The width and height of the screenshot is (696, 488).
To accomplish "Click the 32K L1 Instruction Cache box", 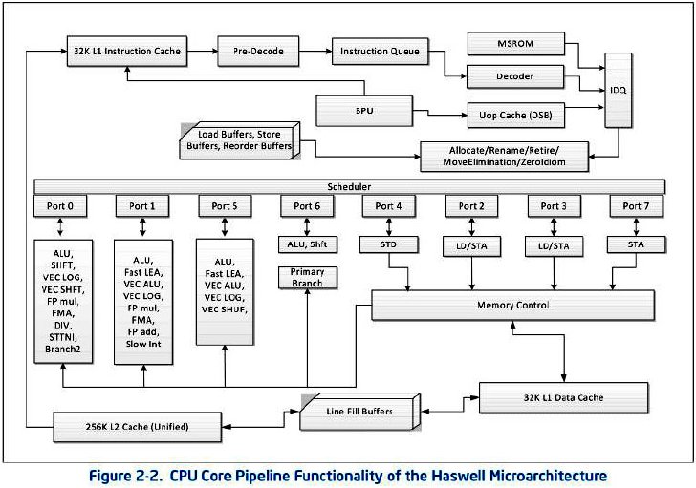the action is (x=127, y=52).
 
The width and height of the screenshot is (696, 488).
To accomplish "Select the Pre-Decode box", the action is (x=258, y=52).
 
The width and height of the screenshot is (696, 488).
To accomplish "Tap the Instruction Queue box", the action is (x=380, y=52).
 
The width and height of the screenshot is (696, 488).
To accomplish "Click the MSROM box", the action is (x=516, y=44).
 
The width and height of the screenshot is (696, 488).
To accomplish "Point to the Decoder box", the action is (x=515, y=76).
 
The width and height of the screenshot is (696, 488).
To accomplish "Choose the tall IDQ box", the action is (x=619, y=91).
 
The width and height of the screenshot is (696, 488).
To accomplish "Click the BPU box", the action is (x=364, y=111).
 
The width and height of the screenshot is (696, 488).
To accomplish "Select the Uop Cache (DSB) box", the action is (x=516, y=116).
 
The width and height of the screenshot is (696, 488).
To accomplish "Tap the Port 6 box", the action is (x=307, y=206).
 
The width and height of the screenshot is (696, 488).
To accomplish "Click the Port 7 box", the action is (x=636, y=206).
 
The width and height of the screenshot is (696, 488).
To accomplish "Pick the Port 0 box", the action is (x=60, y=206).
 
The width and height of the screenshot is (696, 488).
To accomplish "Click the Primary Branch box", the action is (x=307, y=278).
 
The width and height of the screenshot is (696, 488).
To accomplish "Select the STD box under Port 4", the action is (x=388, y=244).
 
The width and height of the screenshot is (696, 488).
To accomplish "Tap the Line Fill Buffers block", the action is (x=359, y=412).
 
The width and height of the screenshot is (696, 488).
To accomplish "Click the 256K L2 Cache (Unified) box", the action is (x=137, y=427).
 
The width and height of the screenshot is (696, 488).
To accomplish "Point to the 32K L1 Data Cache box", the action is (x=563, y=398).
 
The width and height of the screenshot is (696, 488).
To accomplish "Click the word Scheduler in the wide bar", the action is (x=349, y=187).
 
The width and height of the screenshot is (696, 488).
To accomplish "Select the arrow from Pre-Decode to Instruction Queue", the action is (x=315, y=51).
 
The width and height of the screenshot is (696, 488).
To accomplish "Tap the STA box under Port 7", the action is (x=636, y=244).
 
